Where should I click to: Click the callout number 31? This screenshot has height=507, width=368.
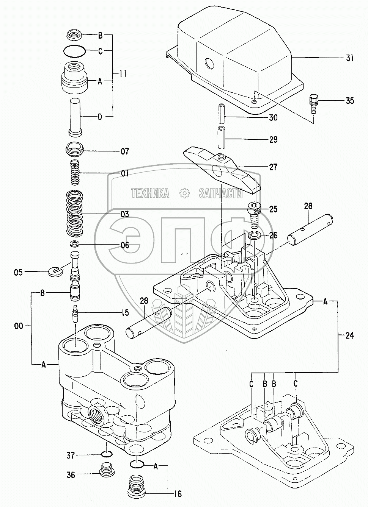tap(349, 58)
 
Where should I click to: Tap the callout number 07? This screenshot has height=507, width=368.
tap(124, 151)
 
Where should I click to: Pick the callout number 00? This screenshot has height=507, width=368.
tap(18, 325)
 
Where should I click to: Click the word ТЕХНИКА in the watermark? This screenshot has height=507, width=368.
tap(150, 193)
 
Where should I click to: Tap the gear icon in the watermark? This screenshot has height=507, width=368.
tap(184, 193)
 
